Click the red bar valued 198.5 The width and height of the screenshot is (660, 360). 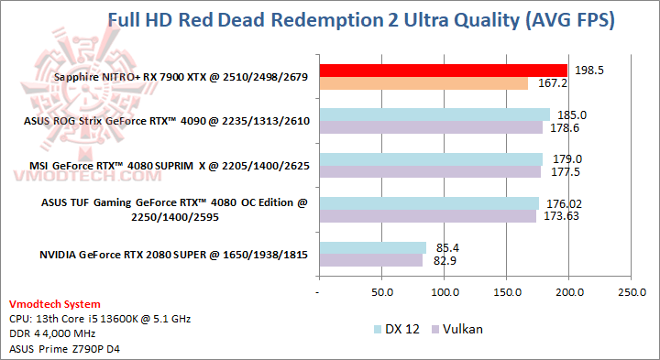443,70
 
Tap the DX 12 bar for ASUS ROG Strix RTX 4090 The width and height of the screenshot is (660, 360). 434,115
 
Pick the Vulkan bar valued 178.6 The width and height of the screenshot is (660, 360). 430,127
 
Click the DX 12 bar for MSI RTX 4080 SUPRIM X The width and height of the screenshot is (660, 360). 430,158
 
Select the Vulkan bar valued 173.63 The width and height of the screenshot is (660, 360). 427,216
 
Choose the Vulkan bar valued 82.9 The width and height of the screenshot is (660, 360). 370,260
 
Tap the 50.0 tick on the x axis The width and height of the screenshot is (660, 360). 380,292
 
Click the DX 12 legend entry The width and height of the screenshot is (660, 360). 397,329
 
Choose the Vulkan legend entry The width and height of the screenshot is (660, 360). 460,329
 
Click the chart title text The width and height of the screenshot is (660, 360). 360,19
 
